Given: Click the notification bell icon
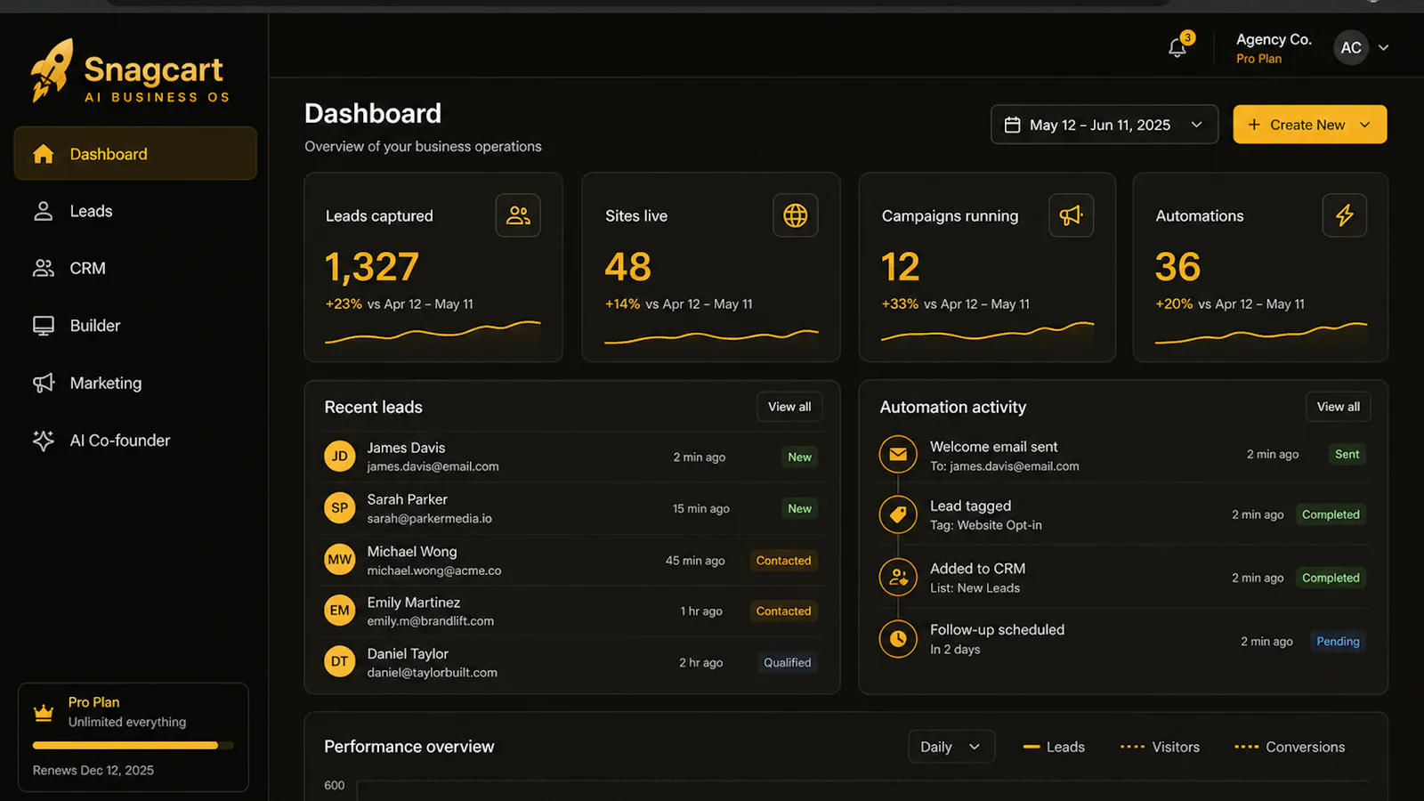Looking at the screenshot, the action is [x=1177, y=48].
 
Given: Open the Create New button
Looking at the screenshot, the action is [x=1309, y=125].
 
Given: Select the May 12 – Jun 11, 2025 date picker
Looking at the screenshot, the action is [x=1104, y=125].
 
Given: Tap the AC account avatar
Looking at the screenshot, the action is [x=1350, y=48].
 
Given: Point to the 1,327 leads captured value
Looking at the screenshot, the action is [x=372, y=266].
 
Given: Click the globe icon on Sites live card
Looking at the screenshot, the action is [x=796, y=215].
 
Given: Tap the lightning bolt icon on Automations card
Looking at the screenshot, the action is [x=1345, y=215].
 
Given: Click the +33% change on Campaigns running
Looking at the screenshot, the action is [x=900, y=303].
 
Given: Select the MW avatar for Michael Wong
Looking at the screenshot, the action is [x=339, y=560].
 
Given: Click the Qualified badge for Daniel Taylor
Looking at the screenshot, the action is [x=787, y=662].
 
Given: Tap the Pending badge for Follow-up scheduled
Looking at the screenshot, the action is [x=1338, y=642].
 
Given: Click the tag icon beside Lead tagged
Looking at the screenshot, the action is [x=898, y=514].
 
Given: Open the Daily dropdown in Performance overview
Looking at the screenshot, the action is [x=951, y=747].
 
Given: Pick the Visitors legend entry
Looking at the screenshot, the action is [x=1160, y=747].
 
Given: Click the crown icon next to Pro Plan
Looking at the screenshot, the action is [x=44, y=713].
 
